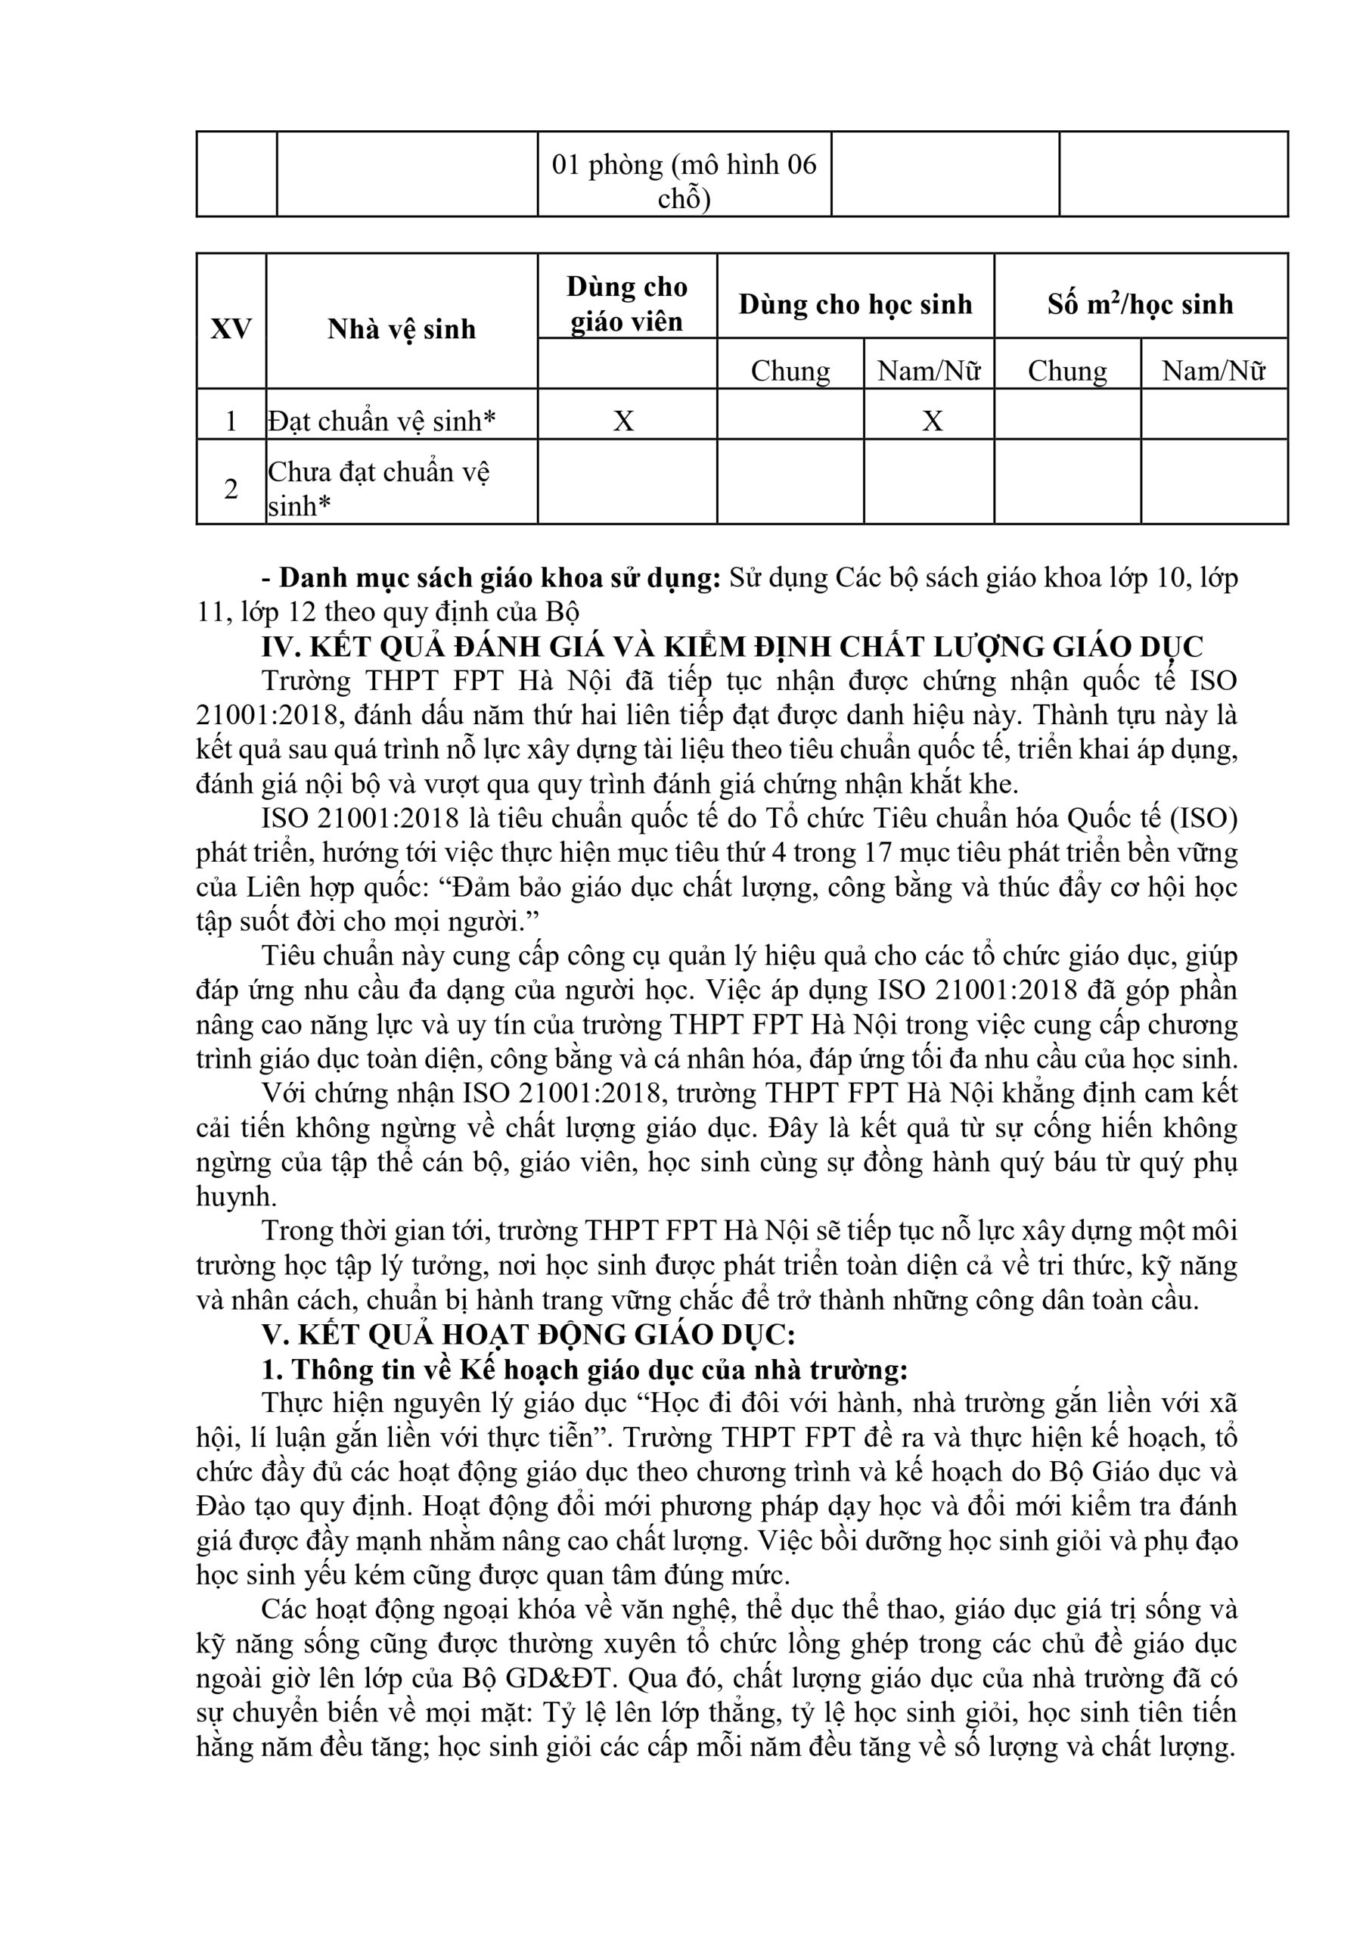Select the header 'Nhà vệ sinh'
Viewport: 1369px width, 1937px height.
click(x=402, y=328)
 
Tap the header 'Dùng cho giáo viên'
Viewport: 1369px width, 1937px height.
click(x=627, y=303)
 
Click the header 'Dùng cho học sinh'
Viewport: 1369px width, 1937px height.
click(x=855, y=303)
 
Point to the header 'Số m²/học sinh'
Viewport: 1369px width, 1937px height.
click(x=1141, y=303)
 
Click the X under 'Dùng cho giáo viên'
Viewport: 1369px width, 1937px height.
click(x=623, y=420)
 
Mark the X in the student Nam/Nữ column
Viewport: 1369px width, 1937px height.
click(x=931, y=420)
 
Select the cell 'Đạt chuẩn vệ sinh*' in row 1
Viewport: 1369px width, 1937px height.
click(x=382, y=420)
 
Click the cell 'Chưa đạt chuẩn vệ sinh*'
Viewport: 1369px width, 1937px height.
click(x=379, y=487)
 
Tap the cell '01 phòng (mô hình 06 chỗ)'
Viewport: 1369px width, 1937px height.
click(x=684, y=181)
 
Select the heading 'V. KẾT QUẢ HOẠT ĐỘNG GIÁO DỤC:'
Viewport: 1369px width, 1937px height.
click(x=529, y=1334)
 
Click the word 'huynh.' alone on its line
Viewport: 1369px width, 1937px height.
click(x=236, y=1196)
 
